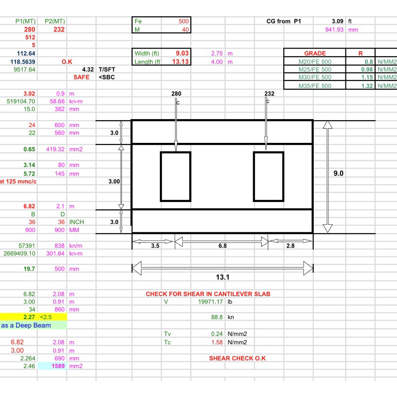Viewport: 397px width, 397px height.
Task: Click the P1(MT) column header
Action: tap(25, 21)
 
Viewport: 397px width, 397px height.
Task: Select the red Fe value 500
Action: tap(183, 21)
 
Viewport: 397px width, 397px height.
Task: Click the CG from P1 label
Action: tap(284, 21)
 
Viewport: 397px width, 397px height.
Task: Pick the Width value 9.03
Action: tap(182, 53)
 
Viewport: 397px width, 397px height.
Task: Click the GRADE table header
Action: tap(315, 53)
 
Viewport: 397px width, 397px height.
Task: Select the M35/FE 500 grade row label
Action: tap(315, 86)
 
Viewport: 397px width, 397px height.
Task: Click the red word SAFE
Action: tap(81, 77)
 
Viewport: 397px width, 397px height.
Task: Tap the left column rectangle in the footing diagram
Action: tap(175, 176)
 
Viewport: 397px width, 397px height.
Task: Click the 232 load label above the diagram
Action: tap(269, 94)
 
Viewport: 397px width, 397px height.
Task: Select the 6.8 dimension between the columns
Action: tap(222, 245)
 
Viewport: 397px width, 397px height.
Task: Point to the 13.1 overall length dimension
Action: tap(222, 276)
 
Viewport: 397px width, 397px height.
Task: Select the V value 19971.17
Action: tap(211, 301)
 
